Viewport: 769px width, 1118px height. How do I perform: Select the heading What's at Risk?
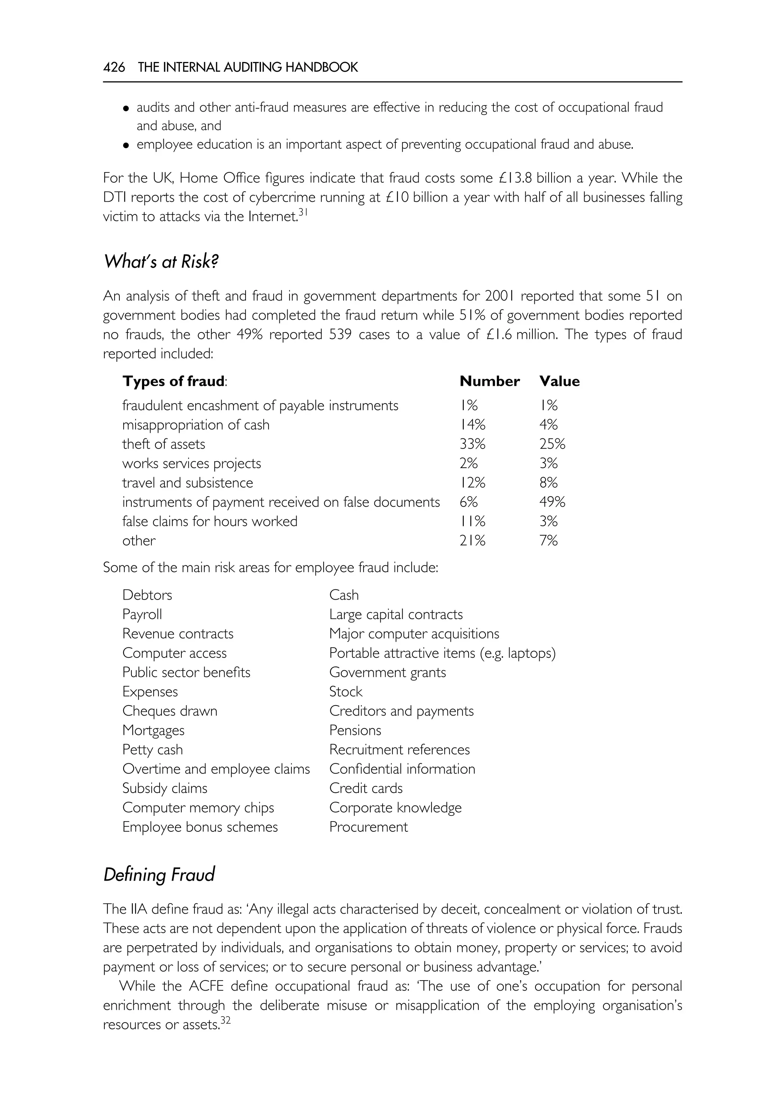[x=161, y=262]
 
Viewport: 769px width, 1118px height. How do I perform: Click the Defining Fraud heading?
[x=159, y=875]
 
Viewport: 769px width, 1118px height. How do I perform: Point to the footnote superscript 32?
[x=226, y=1020]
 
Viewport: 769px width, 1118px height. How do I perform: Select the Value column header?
[x=559, y=381]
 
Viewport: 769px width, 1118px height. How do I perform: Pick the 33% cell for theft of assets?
[x=472, y=444]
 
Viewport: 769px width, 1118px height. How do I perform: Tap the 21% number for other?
[x=472, y=541]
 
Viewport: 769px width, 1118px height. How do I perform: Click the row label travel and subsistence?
[x=187, y=483]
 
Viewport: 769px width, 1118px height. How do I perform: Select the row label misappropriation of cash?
[x=196, y=425]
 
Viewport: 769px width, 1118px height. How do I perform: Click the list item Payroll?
[x=142, y=614]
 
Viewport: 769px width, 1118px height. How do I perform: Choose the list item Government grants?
[x=388, y=672]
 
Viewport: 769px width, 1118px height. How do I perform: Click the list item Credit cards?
[x=366, y=788]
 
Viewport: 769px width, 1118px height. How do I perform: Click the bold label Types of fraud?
[x=173, y=381]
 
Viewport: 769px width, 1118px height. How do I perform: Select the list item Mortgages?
[x=153, y=730]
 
